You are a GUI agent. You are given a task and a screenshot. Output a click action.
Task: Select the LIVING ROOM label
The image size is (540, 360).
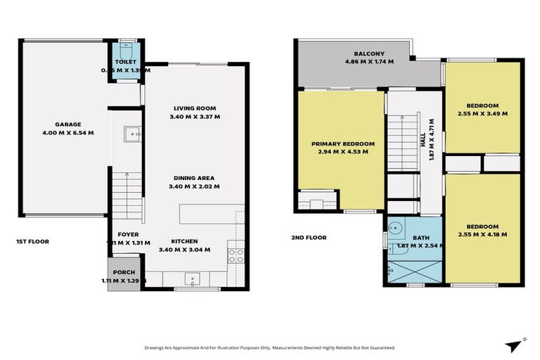195,108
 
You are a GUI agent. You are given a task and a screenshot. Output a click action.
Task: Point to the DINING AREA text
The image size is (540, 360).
195,178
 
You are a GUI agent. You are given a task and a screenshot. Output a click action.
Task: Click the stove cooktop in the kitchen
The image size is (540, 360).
236,255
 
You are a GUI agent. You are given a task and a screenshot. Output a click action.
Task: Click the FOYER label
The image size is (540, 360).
127,234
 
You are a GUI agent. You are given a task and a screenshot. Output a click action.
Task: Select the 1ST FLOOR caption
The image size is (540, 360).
32,241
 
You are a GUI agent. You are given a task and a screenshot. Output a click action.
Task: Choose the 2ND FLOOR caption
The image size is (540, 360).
309,238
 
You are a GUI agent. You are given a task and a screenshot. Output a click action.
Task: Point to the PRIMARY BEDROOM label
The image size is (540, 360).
342,143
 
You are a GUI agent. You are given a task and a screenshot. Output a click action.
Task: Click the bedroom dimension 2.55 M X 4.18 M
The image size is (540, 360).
482,233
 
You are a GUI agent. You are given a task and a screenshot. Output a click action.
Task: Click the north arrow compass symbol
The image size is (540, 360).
514,344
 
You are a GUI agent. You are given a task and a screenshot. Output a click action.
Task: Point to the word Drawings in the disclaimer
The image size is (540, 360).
157,347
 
